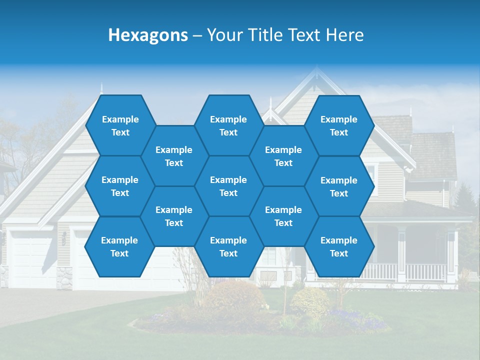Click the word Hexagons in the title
(148, 35)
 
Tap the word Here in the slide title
(345, 35)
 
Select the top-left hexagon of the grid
(120, 125)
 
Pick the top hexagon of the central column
(228, 125)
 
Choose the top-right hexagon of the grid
(339, 125)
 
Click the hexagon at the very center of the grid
(228, 186)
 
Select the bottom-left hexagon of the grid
(119, 246)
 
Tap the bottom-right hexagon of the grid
(339, 246)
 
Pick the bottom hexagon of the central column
(228, 246)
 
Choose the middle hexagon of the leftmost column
(120, 186)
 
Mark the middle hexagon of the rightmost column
(339, 186)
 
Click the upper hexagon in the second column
(174, 156)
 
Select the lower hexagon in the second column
(174, 216)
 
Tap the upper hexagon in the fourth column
(283, 156)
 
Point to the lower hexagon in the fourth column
(283, 216)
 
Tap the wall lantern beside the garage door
(64, 238)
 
